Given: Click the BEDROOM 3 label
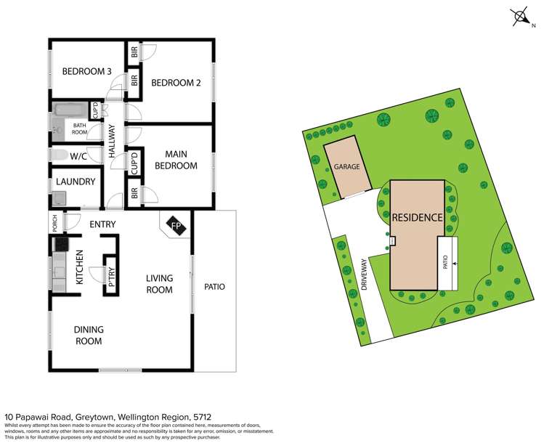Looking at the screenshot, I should pyautogui.click(x=86, y=71).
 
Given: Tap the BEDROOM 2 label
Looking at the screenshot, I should pyautogui.click(x=175, y=83).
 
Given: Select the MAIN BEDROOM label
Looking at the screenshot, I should pyautogui.click(x=176, y=160).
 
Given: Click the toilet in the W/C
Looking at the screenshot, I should pyautogui.click(x=57, y=155).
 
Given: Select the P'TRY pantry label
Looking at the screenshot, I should pyautogui.click(x=112, y=277).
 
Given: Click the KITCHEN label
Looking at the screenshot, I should pyautogui.click(x=80, y=267).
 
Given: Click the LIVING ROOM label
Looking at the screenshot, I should pyautogui.click(x=159, y=284).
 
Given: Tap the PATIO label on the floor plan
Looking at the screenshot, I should pyautogui.click(x=214, y=287).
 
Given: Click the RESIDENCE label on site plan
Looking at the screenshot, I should pyautogui.click(x=417, y=217).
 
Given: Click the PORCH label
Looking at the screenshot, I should pyautogui.click(x=54, y=224).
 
